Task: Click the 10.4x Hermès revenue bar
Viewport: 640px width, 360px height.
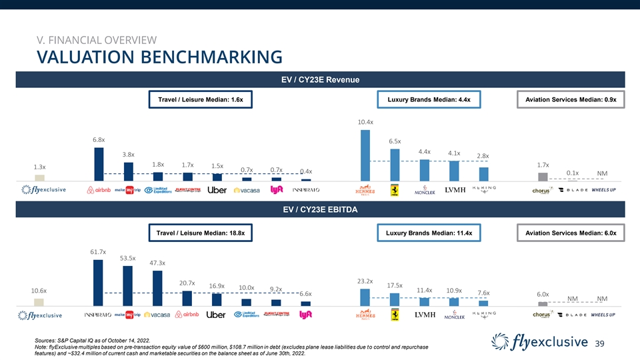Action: click(365, 155)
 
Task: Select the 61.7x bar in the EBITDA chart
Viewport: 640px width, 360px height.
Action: click(98, 282)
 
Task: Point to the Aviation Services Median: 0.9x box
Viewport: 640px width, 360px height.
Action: click(571, 100)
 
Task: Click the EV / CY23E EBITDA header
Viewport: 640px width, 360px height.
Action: click(320, 211)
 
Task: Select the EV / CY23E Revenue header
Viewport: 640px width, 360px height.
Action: click(320, 80)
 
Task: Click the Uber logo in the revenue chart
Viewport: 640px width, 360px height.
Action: click(217, 190)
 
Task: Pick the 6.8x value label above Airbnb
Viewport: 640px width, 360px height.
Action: click(99, 140)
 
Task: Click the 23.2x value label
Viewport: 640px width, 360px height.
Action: click(365, 281)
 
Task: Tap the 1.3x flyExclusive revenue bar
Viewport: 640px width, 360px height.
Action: click(40, 177)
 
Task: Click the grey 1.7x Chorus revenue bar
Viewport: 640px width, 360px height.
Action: click(543, 177)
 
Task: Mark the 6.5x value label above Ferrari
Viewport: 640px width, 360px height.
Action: click(394, 141)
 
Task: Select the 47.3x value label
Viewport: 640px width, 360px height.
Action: click(157, 263)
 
